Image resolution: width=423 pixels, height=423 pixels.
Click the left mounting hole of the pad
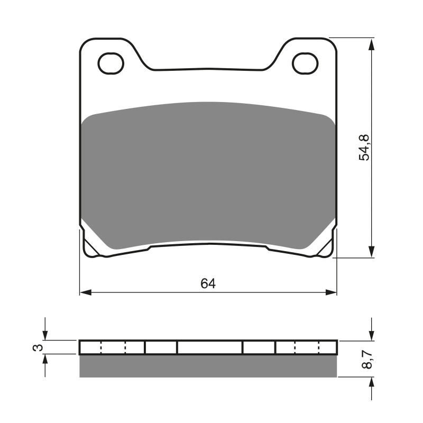tap(111, 63)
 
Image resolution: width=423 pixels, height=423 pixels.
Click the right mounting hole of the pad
tap(305, 63)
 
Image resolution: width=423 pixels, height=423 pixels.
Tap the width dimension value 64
tap(208, 283)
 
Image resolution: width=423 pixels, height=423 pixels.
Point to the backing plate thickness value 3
tap(36, 347)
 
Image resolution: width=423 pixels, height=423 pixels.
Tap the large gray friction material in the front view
tap(209, 174)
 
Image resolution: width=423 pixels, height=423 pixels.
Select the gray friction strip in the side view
tap(208, 365)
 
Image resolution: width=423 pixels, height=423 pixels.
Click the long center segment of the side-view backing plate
tap(210, 347)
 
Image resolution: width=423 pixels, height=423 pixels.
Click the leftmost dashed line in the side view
tap(100, 347)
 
